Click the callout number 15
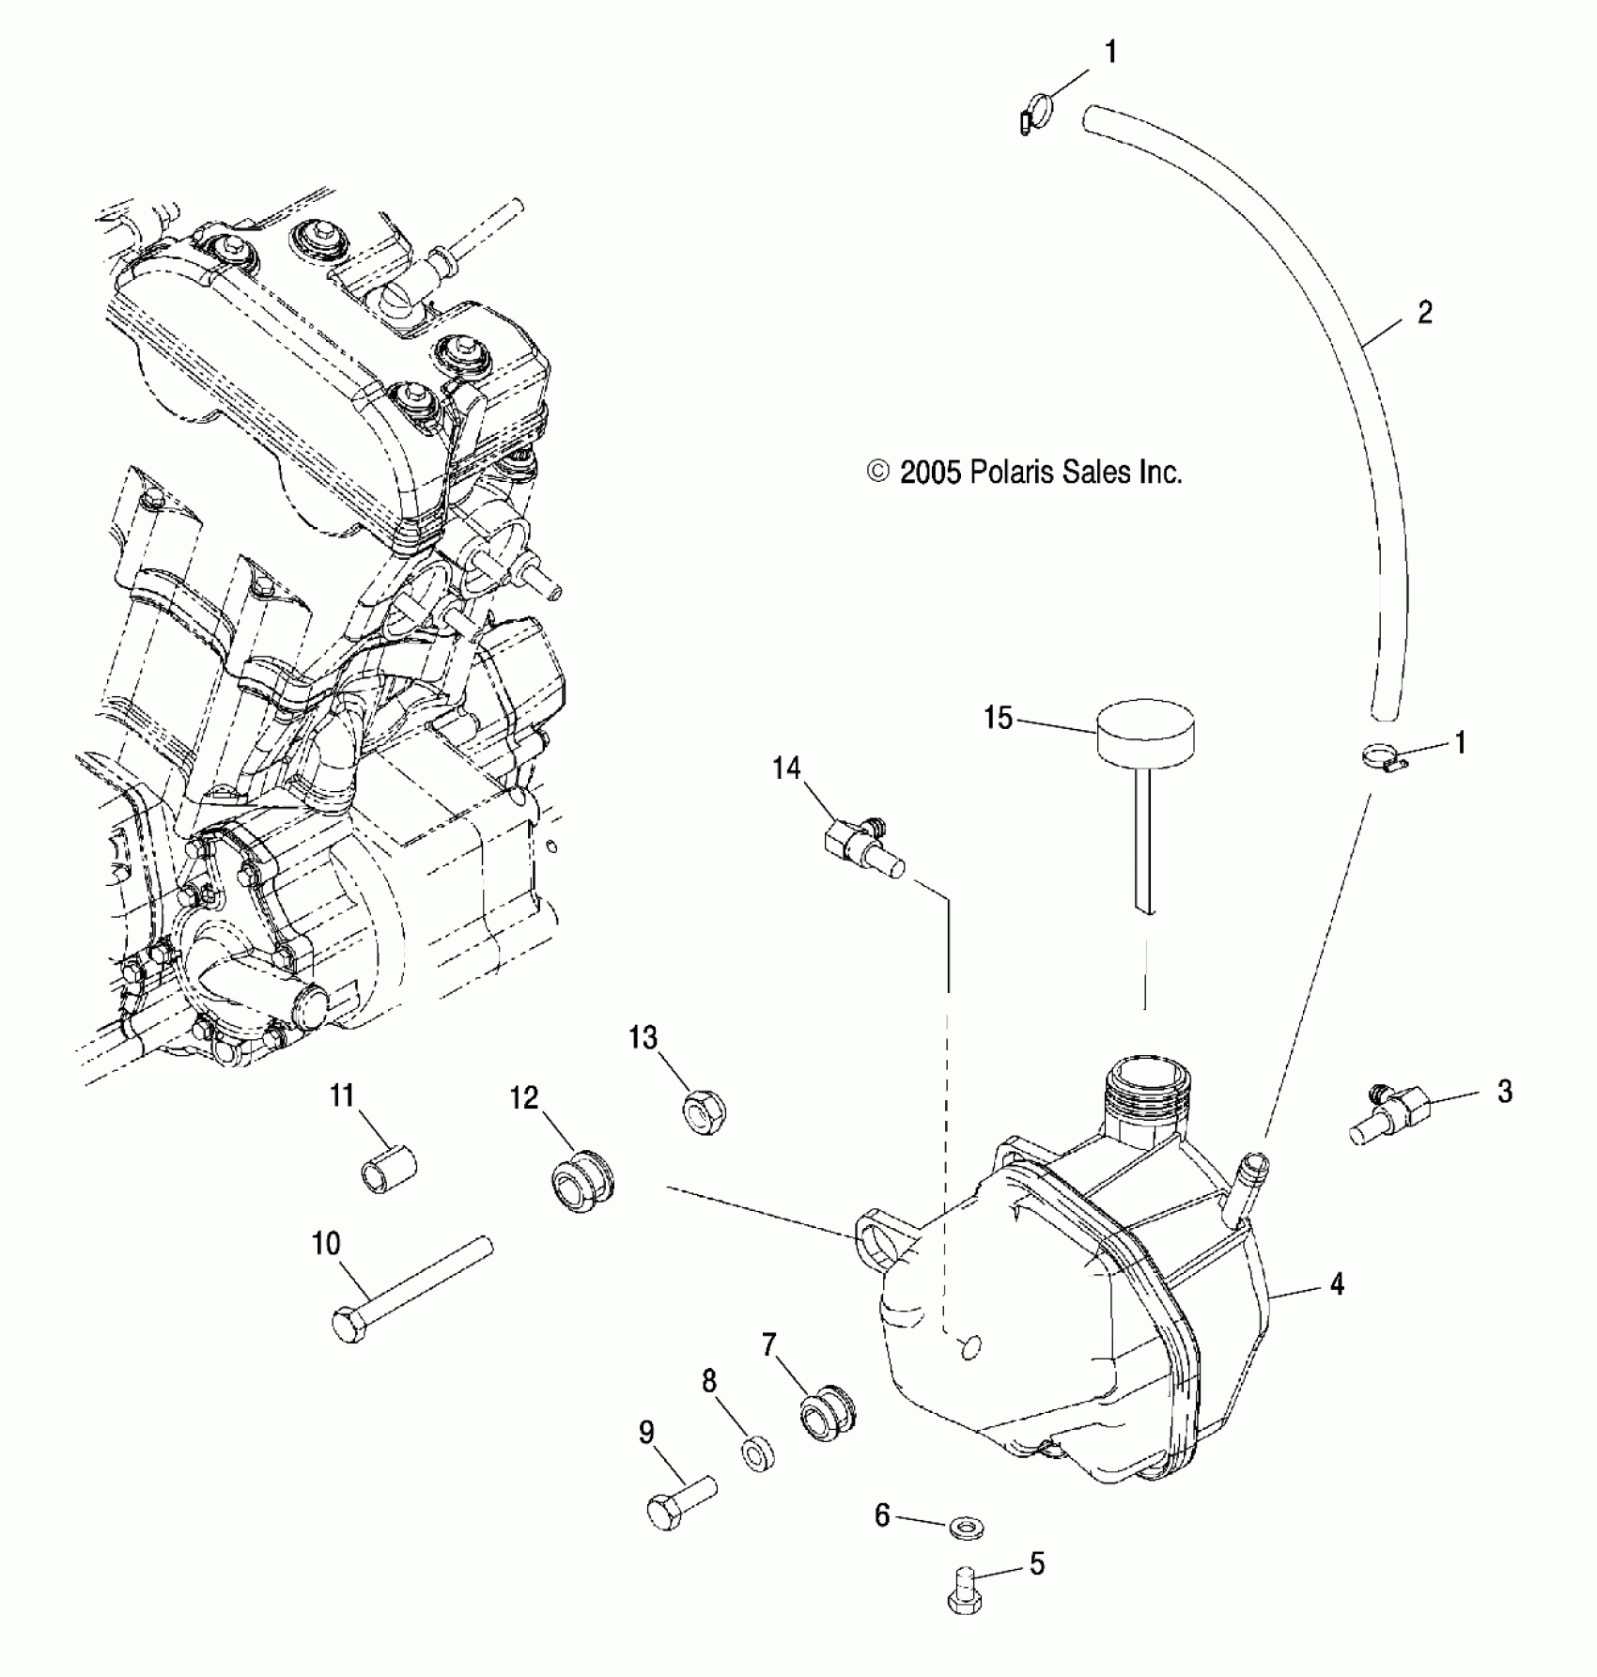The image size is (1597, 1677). tap(998, 719)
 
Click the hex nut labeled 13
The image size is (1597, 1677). tap(704, 1112)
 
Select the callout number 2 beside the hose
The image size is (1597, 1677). tap(1424, 313)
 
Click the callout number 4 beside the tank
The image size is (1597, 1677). tap(1337, 1283)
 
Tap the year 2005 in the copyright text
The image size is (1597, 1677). tap(930, 472)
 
